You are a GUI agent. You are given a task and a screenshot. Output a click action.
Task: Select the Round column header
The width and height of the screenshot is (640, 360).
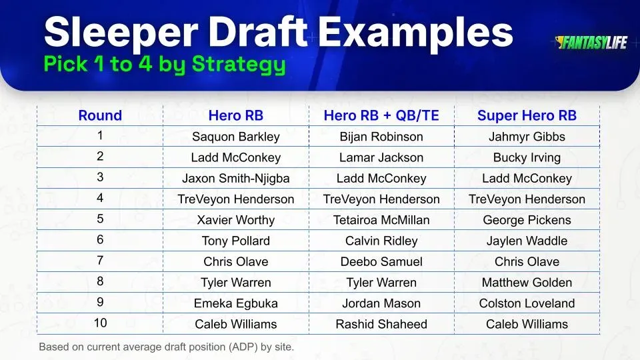tap(100, 115)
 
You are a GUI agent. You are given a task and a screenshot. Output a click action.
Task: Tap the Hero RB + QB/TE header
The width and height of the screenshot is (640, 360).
tap(381, 115)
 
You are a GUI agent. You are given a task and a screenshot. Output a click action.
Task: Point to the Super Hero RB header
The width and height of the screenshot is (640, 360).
tap(527, 115)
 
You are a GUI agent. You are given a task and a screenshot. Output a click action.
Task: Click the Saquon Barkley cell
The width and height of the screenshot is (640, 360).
tap(235, 137)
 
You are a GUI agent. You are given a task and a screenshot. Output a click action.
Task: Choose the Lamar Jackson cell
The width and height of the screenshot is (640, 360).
tap(381, 157)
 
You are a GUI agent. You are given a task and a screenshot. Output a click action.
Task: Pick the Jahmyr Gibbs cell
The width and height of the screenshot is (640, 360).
tap(527, 137)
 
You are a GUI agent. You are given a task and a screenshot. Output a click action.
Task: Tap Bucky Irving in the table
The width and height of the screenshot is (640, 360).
tap(527, 157)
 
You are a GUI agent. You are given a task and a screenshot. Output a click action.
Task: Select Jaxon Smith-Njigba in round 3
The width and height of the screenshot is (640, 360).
tap(235, 179)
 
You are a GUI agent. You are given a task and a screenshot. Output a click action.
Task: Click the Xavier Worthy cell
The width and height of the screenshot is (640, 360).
tap(235, 220)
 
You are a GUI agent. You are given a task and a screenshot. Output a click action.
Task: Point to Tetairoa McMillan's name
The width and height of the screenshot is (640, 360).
tap(381, 220)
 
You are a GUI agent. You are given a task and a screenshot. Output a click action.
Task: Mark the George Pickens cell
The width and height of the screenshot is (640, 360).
tap(527, 220)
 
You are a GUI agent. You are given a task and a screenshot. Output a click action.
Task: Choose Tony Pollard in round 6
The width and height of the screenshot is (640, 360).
tap(235, 241)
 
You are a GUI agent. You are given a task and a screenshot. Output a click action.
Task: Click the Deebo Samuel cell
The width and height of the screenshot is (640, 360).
tap(381, 261)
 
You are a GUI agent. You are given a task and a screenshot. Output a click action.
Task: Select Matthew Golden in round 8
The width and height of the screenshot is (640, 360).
tap(527, 283)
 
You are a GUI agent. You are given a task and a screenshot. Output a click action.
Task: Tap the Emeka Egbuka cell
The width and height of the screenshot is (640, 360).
tap(235, 303)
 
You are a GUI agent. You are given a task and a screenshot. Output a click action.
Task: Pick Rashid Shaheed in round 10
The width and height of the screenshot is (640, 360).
tap(381, 324)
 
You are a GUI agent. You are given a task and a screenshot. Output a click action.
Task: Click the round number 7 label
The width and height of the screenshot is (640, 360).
tap(100, 261)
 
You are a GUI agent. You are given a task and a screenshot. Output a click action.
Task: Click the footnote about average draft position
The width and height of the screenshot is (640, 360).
tap(166, 347)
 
